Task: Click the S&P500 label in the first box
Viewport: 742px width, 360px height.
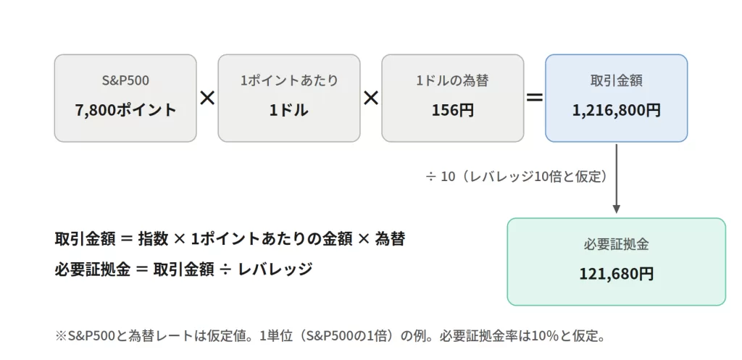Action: (125, 80)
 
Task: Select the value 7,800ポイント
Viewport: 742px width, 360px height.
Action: (125, 110)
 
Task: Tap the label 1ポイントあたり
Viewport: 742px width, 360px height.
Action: (289, 80)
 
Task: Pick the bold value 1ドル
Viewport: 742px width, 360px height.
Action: (289, 110)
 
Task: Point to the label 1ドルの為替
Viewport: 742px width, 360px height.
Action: (452, 80)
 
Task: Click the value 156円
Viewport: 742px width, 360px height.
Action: (452, 110)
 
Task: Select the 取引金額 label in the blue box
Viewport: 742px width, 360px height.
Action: (616, 80)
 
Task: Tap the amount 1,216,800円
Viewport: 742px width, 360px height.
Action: (616, 110)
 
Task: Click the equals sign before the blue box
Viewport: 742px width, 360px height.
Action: (534, 98)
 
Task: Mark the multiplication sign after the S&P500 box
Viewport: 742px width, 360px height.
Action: (207, 98)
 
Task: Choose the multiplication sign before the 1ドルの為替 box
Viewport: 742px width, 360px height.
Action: (371, 98)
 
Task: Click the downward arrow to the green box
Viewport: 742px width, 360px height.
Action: (616, 179)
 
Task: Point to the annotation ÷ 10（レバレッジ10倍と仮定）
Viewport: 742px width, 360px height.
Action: (517, 177)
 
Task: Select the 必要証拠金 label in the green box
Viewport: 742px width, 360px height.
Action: (616, 244)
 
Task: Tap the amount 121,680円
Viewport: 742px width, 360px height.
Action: (616, 274)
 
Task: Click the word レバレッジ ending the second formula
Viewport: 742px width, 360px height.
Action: (275, 269)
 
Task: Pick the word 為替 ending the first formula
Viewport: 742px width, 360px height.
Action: (389, 239)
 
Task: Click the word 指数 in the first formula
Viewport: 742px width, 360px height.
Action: (153, 239)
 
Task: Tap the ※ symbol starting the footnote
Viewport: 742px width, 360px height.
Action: (62, 336)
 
